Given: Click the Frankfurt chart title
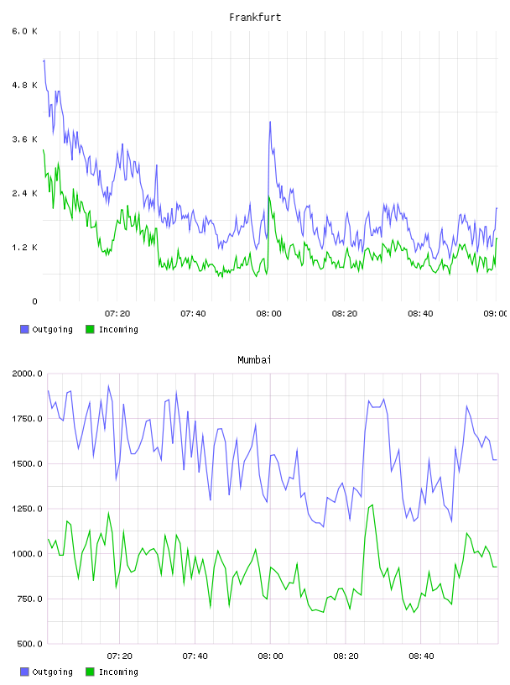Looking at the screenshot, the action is (x=255, y=18).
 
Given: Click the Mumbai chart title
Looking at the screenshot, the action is (x=254, y=360).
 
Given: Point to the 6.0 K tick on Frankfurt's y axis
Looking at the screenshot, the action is (x=24, y=31).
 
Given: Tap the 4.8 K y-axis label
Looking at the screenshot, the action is (x=24, y=85).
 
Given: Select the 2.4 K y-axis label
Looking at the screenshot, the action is (x=24, y=194).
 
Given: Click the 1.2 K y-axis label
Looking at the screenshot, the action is (x=24, y=248).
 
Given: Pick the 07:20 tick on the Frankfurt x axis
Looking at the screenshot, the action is (x=117, y=314).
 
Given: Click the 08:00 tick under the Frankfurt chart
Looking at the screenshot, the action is (x=269, y=314).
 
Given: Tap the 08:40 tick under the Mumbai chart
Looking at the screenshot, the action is (x=421, y=656).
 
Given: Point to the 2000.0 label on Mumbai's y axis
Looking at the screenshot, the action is (x=27, y=374).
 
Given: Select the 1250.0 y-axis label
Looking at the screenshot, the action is (x=27, y=509).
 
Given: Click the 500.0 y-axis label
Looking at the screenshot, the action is (x=29, y=644).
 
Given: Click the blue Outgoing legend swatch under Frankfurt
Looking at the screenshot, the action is (x=24, y=329).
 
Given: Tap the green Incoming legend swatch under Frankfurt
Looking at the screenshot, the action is (x=90, y=329).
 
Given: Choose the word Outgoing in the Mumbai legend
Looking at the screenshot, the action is (x=52, y=672).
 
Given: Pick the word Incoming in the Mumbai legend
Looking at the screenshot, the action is (x=118, y=672).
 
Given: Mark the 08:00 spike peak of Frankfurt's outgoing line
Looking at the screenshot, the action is (x=270, y=122).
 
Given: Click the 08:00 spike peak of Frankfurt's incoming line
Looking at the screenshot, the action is (x=269, y=197).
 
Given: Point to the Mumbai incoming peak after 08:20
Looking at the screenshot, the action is (x=372, y=505).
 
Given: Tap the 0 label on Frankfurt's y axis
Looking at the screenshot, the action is (x=34, y=301).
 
